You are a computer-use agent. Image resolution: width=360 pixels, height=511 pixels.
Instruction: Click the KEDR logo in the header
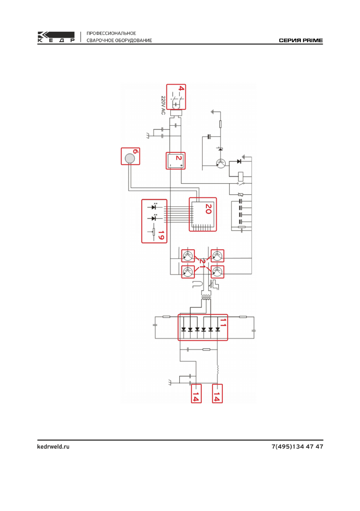56,37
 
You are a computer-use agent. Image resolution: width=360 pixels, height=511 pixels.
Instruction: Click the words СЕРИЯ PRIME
301,40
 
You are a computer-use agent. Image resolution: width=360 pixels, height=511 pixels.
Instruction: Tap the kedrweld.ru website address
53,447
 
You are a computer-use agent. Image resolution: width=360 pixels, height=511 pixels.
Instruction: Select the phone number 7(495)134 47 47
297,447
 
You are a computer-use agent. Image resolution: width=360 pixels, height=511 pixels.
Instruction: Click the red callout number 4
181,89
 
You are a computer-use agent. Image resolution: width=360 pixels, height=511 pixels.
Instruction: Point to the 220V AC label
163,105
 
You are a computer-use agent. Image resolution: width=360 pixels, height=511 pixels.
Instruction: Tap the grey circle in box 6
130,159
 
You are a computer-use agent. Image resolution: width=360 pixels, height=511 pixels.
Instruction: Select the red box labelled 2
175,160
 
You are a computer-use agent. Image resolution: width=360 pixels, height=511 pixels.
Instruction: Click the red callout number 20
208,209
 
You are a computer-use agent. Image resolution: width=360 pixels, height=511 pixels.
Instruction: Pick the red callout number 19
160,235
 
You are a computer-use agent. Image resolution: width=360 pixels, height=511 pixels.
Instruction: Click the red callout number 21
203,263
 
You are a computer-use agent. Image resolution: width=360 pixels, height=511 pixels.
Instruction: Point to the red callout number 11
223,322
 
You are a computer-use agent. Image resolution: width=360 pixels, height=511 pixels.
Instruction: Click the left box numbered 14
196,393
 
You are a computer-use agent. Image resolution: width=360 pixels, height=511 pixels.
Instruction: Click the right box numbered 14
217,393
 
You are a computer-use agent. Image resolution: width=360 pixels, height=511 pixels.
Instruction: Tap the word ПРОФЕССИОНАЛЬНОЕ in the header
112,33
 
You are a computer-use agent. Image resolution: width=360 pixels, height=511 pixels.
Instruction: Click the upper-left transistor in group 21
188,256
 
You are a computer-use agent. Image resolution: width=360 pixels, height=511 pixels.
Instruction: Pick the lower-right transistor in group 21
217,272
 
